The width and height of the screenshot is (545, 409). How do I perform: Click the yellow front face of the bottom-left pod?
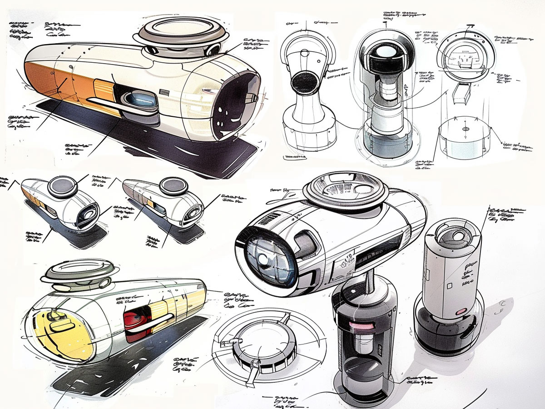64,332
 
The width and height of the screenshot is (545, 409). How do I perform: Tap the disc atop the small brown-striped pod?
174,185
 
